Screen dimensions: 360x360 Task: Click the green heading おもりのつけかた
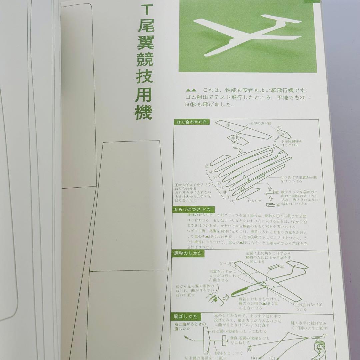(192, 209)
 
